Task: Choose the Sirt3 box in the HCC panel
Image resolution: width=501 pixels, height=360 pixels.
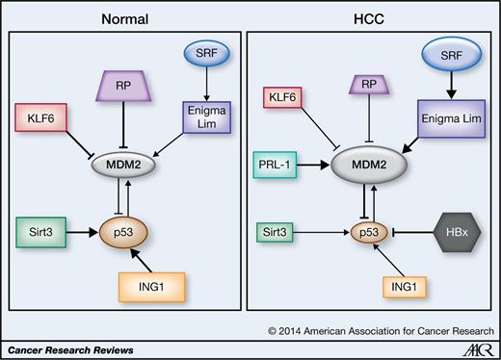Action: coord(288,232)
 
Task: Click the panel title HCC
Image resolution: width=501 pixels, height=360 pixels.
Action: coord(370,18)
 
